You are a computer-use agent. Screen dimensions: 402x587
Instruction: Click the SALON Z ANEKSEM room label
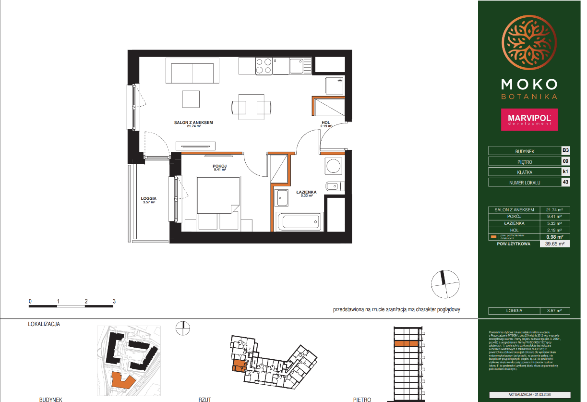tap(193, 122)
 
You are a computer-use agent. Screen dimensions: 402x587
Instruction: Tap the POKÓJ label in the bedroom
tap(219, 166)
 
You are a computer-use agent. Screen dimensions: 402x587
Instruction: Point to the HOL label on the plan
tap(326, 123)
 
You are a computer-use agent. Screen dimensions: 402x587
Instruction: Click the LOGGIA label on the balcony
tap(149, 198)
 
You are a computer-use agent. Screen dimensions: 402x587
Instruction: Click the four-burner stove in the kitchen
tap(264, 66)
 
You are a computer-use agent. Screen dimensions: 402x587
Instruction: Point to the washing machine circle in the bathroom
tap(333, 166)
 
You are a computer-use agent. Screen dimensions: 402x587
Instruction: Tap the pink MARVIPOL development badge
tap(529, 120)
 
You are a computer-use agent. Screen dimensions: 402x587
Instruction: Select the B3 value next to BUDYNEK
tap(565, 150)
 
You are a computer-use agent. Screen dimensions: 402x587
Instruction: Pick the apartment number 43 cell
tap(565, 182)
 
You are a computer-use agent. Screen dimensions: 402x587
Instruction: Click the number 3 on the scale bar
tap(114, 301)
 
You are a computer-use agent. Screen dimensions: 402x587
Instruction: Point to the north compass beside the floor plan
tap(444, 283)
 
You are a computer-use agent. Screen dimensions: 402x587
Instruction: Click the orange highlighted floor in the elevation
tap(406, 343)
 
